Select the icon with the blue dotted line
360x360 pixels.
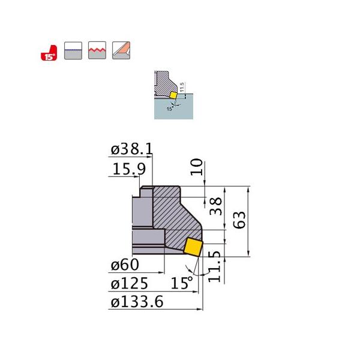point(72,50)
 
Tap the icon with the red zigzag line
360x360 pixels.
point(96,50)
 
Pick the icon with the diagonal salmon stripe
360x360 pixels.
point(121,50)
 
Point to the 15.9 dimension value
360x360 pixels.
point(128,170)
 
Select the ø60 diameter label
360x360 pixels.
point(125,264)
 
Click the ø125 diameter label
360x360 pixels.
point(129,283)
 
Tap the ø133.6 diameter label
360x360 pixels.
point(137,302)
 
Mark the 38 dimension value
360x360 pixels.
point(214,207)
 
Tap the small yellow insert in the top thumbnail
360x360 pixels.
point(173,95)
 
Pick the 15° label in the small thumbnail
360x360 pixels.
point(170,109)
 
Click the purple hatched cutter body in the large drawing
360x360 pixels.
point(174,210)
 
